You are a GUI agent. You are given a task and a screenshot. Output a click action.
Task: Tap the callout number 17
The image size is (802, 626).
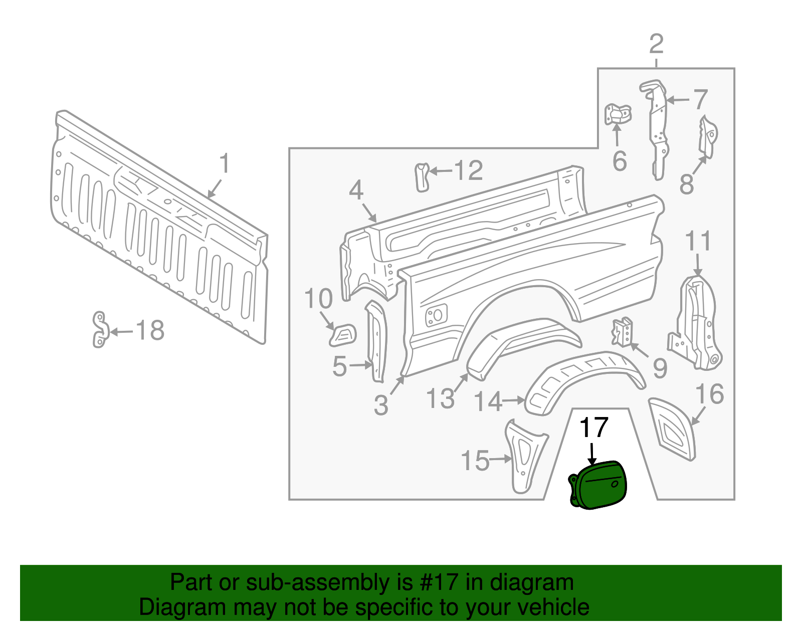pos(593,428)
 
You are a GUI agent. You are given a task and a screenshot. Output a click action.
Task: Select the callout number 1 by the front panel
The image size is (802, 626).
pos(225,164)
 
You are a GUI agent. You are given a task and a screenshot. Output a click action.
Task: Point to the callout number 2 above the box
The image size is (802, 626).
pos(656,44)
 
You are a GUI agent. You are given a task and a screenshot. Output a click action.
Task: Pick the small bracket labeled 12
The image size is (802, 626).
pos(422,176)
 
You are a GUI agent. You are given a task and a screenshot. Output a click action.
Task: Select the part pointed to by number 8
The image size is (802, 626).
pos(708,135)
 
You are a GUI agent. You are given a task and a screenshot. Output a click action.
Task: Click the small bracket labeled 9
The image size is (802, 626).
pos(622,332)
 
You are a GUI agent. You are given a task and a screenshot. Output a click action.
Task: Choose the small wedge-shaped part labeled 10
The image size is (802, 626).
pos(343,335)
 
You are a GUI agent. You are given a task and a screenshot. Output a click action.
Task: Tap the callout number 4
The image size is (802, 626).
pos(356,190)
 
